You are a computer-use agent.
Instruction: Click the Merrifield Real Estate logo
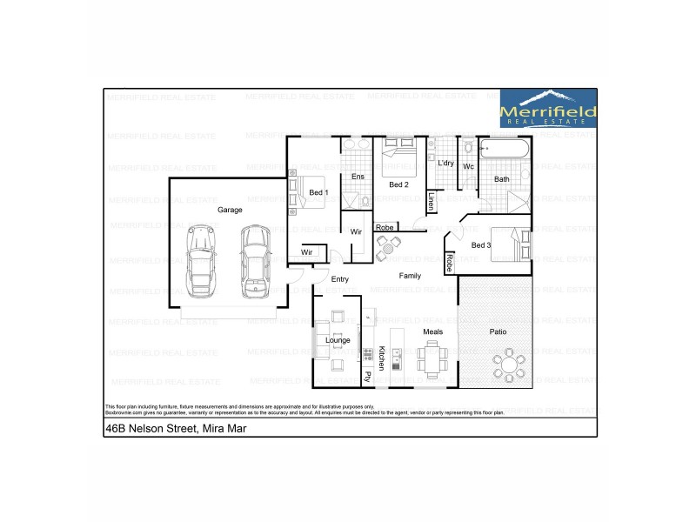click(548, 109)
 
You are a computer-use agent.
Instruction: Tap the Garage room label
click(230, 210)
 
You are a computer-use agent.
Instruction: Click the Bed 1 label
click(318, 192)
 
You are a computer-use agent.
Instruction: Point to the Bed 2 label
click(398, 184)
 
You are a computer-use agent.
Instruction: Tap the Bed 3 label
click(481, 245)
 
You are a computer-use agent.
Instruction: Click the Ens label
click(357, 177)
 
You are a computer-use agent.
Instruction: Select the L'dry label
click(445, 163)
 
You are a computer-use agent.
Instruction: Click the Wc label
click(468, 166)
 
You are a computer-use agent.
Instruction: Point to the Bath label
click(502, 180)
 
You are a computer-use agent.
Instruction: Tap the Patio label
click(498, 332)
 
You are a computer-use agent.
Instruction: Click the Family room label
click(410, 276)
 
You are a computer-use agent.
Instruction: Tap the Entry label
click(340, 279)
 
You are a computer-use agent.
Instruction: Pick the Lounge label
click(338, 340)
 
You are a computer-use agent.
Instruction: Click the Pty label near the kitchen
click(368, 377)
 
